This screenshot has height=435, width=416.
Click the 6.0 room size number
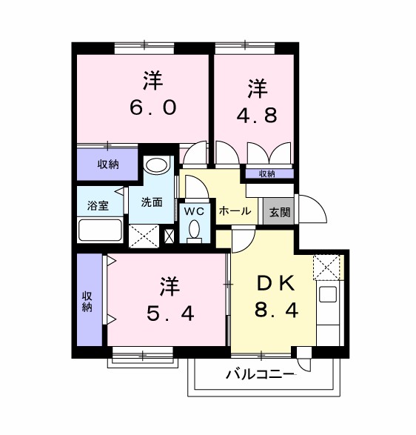pos(152,107)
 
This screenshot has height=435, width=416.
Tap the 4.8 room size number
pos(258,116)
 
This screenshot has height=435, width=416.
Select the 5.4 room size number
pos(170,313)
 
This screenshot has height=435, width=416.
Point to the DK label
pos(276,283)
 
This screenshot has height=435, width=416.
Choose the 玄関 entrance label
pos(279,212)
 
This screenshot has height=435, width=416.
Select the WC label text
pos(194,211)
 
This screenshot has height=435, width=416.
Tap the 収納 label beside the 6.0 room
pos(108,165)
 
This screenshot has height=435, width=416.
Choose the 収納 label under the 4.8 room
pos(266,174)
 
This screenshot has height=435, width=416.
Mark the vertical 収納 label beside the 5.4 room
pos(87,300)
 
